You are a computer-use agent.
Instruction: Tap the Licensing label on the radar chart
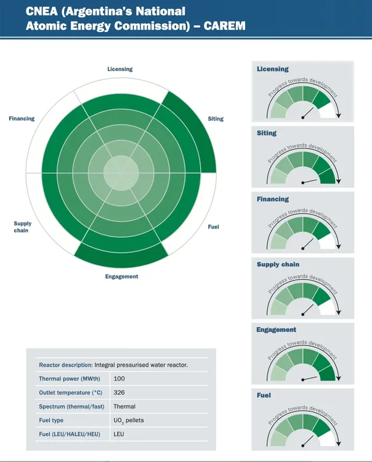click(x=120, y=69)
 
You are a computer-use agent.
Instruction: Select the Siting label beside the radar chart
click(x=216, y=119)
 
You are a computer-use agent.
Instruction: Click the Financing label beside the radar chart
click(x=22, y=118)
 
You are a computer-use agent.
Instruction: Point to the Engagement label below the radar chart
click(x=122, y=277)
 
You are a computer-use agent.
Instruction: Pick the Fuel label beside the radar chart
click(x=214, y=227)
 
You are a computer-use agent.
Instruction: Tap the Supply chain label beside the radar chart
click(x=22, y=227)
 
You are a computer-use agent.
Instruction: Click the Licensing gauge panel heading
click(x=273, y=69)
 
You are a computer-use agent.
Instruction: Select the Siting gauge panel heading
click(x=267, y=133)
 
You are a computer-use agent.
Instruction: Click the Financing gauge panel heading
click(x=273, y=199)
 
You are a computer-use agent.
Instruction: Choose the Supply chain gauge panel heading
click(x=278, y=264)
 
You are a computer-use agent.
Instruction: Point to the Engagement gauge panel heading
click(x=277, y=330)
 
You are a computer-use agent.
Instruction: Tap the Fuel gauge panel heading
click(x=264, y=395)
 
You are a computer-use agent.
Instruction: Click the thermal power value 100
click(x=119, y=378)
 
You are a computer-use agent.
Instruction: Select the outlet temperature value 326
click(x=119, y=392)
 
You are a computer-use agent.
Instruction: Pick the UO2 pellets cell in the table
click(x=129, y=421)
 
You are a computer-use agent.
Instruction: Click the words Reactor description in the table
click(x=65, y=365)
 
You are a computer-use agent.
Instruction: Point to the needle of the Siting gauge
click(x=310, y=181)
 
